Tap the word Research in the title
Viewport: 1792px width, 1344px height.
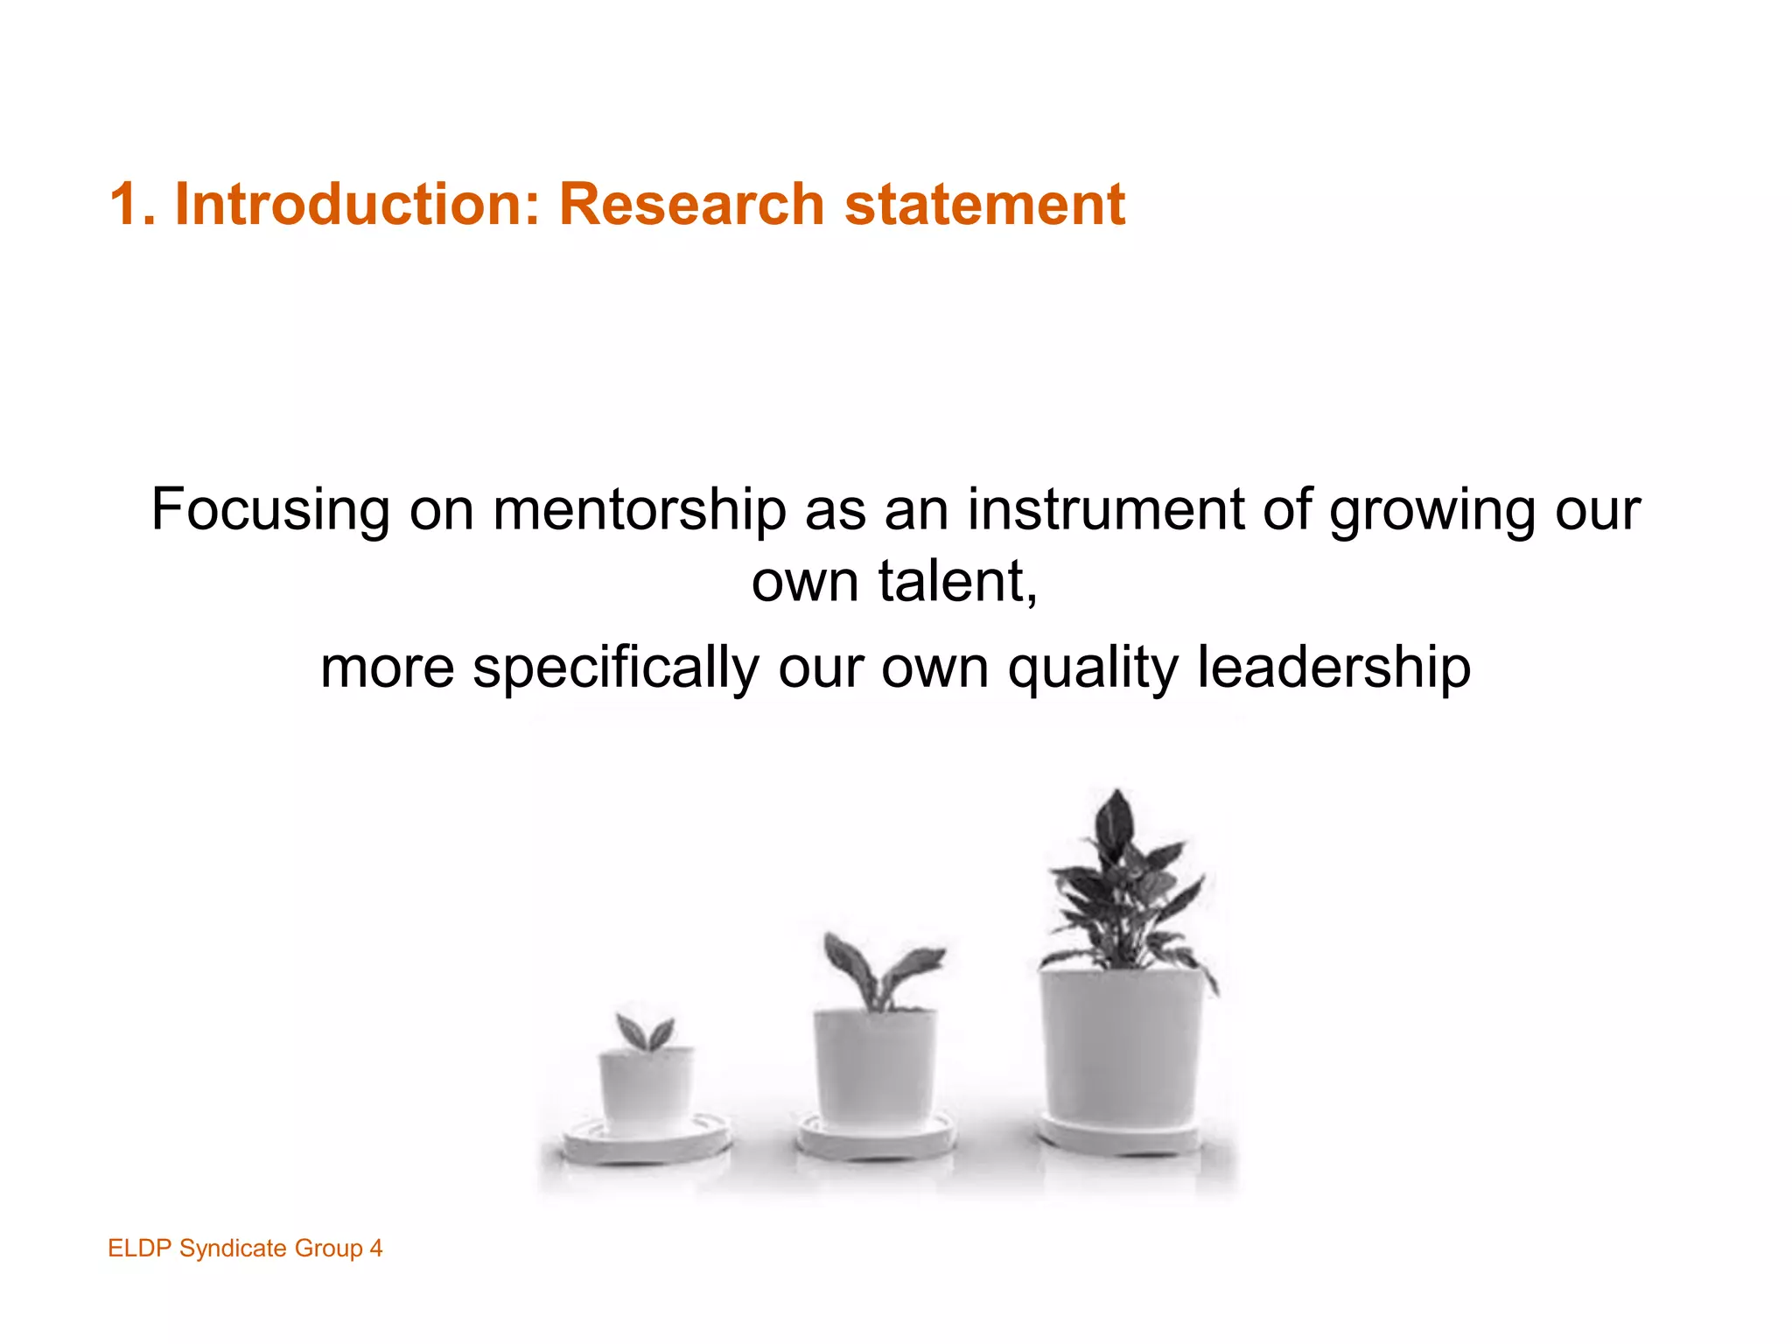[691, 204]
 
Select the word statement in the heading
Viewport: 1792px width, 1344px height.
[984, 204]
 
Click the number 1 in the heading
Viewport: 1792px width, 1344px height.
[125, 204]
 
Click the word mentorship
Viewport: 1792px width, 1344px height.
[639, 509]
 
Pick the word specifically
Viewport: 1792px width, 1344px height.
[616, 668]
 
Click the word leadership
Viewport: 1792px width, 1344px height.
[1333, 667]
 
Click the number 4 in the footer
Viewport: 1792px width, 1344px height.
[375, 1248]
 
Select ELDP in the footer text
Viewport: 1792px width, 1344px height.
[139, 1248]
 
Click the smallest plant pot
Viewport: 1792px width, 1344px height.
[646, 1089]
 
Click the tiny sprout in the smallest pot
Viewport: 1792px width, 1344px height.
[646, 1032]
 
